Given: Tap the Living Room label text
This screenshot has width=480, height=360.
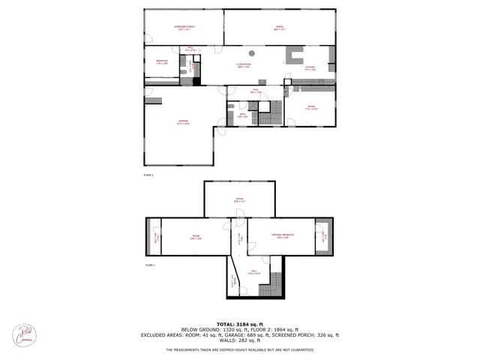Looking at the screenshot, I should pyautogui.click(x=244, y=65).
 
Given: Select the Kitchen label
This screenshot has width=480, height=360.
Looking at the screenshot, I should pyautogui.click(x=309, y=69).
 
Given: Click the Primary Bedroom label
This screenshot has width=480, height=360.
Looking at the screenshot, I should pyautogui.click(x=282, y=236).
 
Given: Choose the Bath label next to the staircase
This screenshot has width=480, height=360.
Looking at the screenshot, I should pyautogui.click(x=242, y=115).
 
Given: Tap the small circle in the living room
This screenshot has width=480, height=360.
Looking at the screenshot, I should pyautogui.click(x=253, y=52).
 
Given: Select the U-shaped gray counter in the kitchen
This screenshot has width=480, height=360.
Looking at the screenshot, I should pyautogui.click(x=293, y=57).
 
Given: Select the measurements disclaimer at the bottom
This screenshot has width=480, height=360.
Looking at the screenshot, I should pyautogui.click(x=240, y=349).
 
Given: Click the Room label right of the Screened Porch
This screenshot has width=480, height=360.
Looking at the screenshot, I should pyautogui.click(x=279, y=29).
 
